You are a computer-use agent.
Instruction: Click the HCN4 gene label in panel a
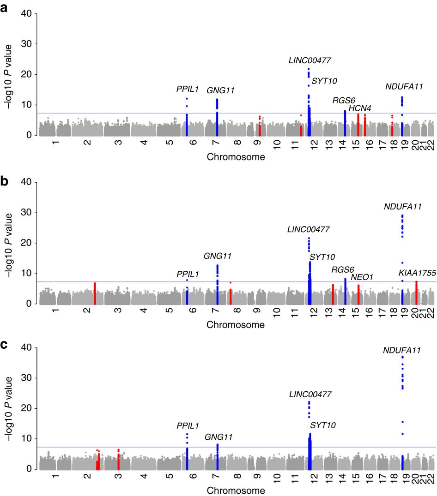click(x=360, y=108)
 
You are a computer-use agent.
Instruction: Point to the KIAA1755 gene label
click(x=417, y=274)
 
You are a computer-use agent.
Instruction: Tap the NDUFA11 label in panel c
click(x=402, y=351)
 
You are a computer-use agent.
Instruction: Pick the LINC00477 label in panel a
click(x=310, y=60)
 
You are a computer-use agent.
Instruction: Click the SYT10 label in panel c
click(x=323, y=425)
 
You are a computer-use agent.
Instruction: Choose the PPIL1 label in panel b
click(x=188, y=274)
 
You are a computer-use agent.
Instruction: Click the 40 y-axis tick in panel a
click(x=25, y=14)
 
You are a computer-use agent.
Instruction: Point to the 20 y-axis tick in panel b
click(x=25, y=243)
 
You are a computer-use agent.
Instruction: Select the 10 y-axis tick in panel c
click(x=25, y=439)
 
